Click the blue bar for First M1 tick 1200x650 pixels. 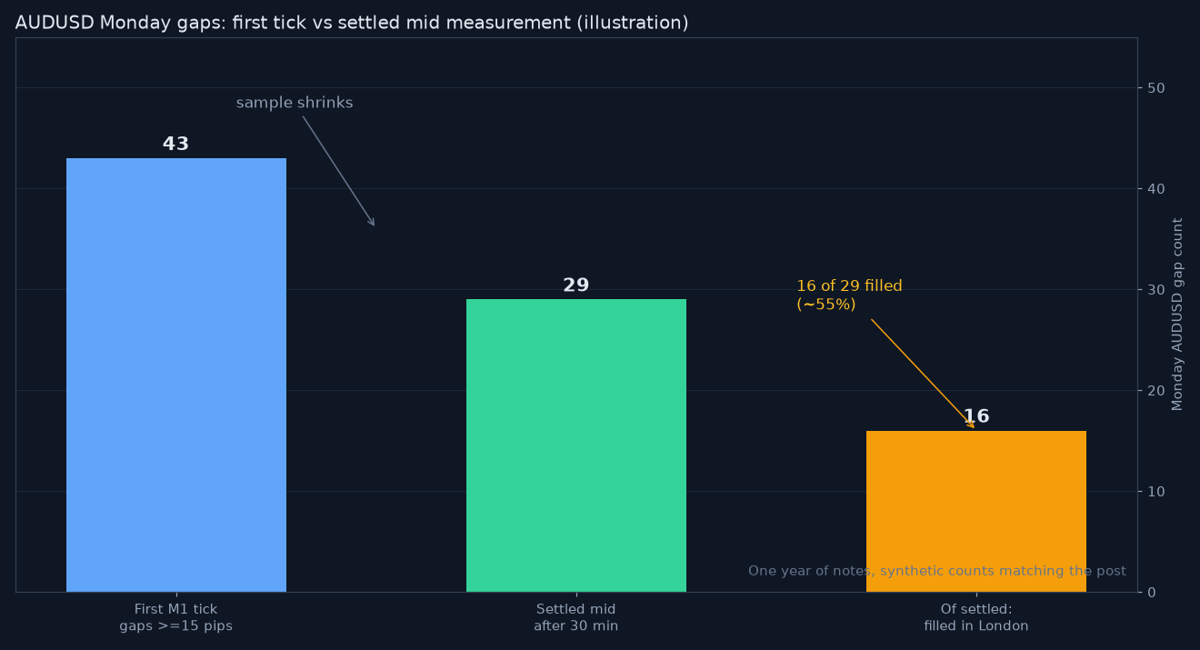pos(176,375)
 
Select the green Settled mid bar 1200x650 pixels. pos(575,445)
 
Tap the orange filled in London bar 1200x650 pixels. pos(976,511)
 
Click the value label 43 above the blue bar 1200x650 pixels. pos(175,144)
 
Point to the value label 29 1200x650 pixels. pos(575,285)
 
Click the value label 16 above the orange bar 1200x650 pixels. pos(976,415)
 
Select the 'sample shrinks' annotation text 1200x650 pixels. pos(295,103)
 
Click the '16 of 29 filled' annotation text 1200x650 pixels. pos(850,285)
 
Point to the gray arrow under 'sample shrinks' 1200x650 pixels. pos(338,171)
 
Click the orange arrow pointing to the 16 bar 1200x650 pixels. pos(923,374)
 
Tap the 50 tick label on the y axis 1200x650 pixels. pos(1156,88)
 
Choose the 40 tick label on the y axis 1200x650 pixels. pos(1156,188)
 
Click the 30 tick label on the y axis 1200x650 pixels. pos(1156,290)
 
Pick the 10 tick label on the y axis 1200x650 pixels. pos(1156,492)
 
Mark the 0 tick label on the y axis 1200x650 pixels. pos(1152,592)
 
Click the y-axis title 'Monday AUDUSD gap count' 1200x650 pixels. pos(1177,315)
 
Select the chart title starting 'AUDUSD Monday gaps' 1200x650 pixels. pos(352,23)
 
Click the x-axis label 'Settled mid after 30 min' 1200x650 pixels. pos(575,617)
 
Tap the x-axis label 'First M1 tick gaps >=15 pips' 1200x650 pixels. pos(175,617)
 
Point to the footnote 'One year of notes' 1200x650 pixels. pos(937,571)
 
